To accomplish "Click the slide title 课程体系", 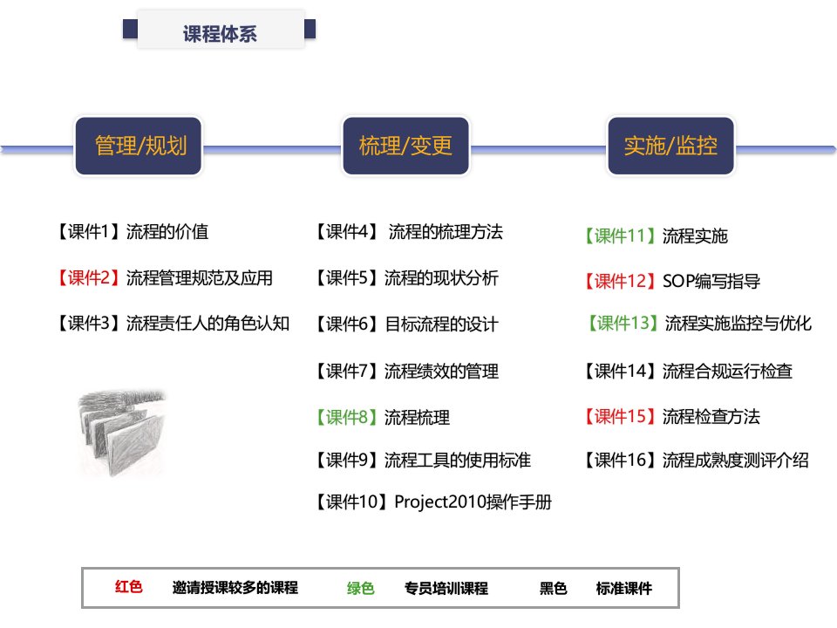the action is pos(220,34).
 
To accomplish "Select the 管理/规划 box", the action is pos(139,146).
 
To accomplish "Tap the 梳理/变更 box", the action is pos(405,146).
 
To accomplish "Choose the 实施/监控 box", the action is pos(671,146).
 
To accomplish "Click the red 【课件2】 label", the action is pos(89,277).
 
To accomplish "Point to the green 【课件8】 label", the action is pos(347,417).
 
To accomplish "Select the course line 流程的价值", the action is pos(167,232).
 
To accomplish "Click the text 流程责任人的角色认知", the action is pos(208,323).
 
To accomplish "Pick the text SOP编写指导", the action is pos(711,281).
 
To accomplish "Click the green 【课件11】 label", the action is pos(620,235).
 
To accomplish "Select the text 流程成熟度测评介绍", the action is pos(736,460).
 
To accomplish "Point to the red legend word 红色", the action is pos(129,587).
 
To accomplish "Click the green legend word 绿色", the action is pos(360,588).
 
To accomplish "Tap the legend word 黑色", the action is pos(553,588).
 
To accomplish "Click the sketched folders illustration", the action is pos(122,433).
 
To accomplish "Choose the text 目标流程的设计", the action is pos(441,324).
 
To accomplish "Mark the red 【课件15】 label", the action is pos(620,416).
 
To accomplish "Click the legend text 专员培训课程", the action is pos(446,588).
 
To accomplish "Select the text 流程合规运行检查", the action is pos(727,371).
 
